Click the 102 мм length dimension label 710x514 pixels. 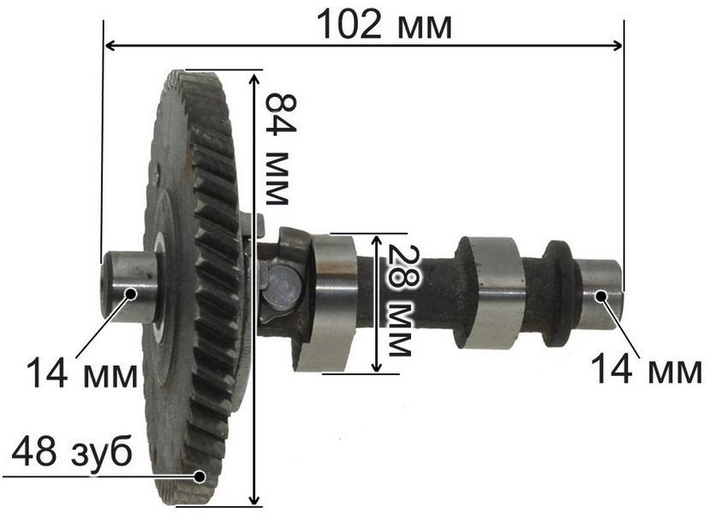pyautogui.click(x=384, y=25)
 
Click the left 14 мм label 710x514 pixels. pyautogui.click(x=82, y=373)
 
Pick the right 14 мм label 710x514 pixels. pyautogui.click(x=646, y=369)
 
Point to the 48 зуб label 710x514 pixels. pyautogui.click(x=72, y=451)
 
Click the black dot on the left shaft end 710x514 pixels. pyautogui.click(x=131, y=294)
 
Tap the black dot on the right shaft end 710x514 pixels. pyautogui.click(x=601, y=296)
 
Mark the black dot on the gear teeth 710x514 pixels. pyautogui.click(x=200, y=476)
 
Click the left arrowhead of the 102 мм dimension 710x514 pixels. pyautogui.click(x=110, y=45)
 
